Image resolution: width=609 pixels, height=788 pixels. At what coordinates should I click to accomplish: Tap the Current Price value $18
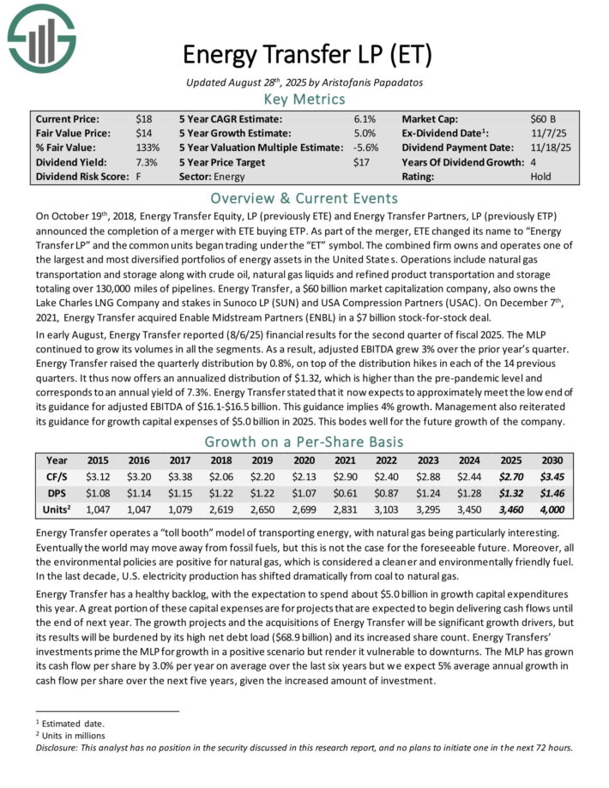point(143,119)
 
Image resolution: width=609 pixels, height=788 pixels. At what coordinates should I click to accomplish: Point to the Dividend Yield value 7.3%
point(147,163)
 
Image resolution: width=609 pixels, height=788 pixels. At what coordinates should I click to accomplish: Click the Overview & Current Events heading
point(305,198)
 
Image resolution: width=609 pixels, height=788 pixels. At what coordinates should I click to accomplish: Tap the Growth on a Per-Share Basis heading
point(305,442)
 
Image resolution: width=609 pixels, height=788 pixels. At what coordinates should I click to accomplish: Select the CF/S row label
point(56,477)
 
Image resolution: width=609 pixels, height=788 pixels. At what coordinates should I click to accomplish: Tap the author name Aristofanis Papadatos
point(377,81)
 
